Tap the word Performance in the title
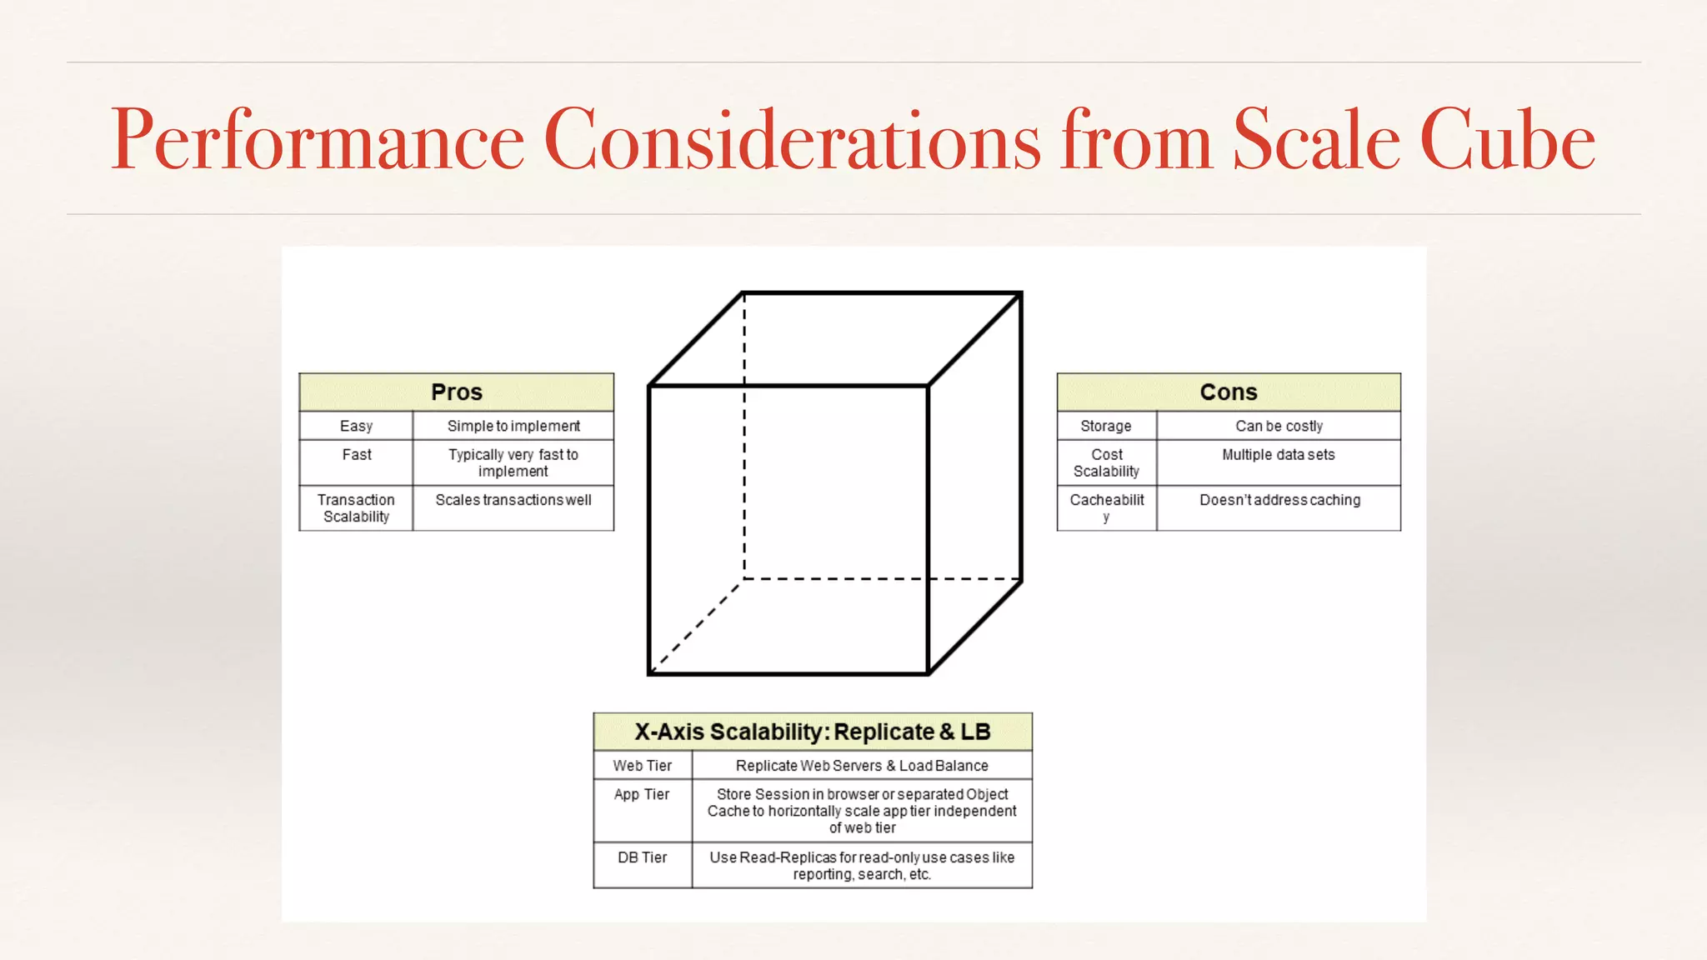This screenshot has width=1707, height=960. (318, 140)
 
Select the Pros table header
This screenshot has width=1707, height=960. (457, 392)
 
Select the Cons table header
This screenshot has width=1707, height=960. (1229, 392)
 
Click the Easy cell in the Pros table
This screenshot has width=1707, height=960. (356, 426)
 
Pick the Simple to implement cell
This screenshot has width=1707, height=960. (513, 426)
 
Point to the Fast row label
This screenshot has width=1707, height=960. (357, 455)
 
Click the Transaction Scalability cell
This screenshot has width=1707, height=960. (356, 508)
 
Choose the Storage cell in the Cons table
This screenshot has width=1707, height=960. (1106, 426)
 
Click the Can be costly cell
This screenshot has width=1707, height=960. (1279, 426)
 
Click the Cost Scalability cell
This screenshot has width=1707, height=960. (1106, 462)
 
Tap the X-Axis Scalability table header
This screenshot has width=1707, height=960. (813, 732)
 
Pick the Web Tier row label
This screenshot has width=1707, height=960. (642, 765)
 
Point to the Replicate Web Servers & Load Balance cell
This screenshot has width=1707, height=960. (862, 765)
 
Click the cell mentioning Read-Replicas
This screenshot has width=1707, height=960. (862, 866)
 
